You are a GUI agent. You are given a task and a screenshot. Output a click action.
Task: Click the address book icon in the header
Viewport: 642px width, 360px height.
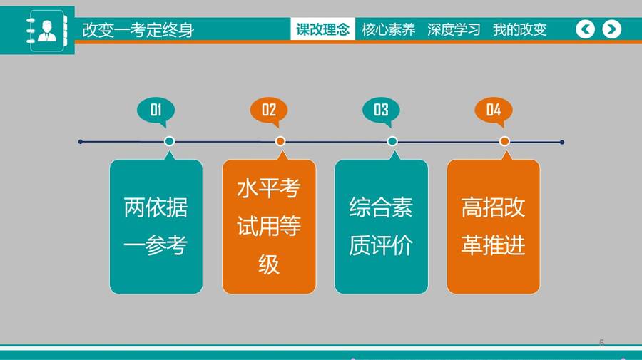click(x=46, y=31)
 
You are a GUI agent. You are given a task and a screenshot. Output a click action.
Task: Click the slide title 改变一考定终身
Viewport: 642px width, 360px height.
click(x=138, y=30)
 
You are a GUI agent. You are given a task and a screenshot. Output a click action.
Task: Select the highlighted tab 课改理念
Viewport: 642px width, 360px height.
click(x=322, y=29)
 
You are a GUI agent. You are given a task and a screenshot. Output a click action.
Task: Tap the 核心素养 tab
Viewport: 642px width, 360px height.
click(x=388, y=29)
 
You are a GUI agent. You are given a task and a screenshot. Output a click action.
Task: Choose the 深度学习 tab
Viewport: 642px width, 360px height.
click(x=454, y=29)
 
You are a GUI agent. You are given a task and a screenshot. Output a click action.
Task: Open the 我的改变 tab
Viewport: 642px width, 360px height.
click(x=519, y=29)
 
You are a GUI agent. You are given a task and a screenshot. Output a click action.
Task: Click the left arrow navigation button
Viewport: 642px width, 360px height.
click(x=585, y=29)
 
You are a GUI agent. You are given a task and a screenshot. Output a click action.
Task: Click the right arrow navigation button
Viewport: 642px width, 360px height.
click(x=612, y=29)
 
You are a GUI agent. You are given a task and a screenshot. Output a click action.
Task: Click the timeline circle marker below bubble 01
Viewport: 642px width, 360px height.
click(x=169, y=141)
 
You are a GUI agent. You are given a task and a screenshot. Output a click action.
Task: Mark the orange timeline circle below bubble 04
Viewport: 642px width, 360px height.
click(x=504, y=141)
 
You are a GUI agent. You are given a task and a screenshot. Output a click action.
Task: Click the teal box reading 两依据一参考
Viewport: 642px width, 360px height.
click(x=156, y=226)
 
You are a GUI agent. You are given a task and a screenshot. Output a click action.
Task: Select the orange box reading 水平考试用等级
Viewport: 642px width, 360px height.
click(x=269, y=226)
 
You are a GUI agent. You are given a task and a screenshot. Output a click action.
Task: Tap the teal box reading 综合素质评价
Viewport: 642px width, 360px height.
click(x=381, y=226)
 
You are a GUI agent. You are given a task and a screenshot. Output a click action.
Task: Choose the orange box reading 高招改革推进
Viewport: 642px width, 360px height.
click(x=494, y=226)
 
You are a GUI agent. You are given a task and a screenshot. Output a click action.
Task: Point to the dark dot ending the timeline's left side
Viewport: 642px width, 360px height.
click(x=80, y=142)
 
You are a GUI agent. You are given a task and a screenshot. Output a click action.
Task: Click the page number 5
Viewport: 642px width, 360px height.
click(x=601, y=342)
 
